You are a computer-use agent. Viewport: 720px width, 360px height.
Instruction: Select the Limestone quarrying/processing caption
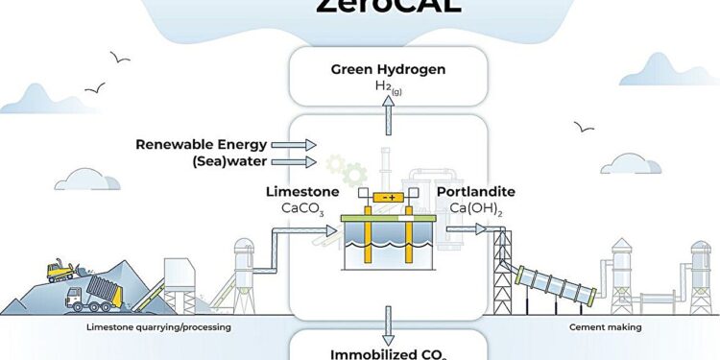click(x=155, y=327)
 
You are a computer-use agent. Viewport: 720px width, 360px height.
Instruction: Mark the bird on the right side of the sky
click(x=583, y=126)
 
